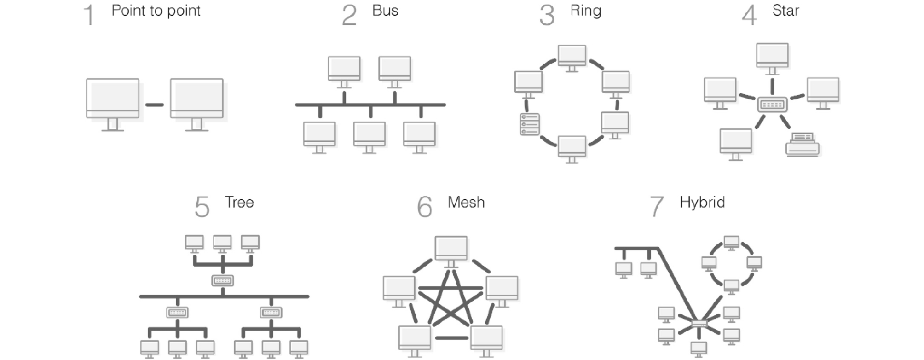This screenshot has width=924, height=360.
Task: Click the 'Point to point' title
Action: tap(156, 11)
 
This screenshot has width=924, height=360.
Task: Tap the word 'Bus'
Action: tap(385, 11)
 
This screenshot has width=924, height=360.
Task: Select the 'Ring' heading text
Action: tap(585, 11)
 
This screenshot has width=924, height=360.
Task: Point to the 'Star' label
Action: tap(785, 11)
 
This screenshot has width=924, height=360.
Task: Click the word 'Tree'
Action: tap(239, 202)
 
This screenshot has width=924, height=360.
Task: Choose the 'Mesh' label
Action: tap(466, 202)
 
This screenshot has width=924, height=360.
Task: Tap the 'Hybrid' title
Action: tap(702, 203)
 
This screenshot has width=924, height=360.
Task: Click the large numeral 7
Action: tap(657, 207)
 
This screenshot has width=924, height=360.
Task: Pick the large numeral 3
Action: tap(547, 15)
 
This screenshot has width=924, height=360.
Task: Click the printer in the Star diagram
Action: tap(803, 145)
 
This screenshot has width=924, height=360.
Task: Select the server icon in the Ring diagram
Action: tap(530, 124)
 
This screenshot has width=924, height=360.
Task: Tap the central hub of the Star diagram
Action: tap(772, 105)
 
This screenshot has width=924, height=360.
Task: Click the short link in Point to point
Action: tap(155, 105)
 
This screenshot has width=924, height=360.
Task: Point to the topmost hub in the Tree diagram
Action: tap(223, 280)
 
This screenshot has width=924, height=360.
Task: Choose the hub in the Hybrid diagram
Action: tap(699, 324)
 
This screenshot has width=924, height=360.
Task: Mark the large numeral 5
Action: tap(202, 207)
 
